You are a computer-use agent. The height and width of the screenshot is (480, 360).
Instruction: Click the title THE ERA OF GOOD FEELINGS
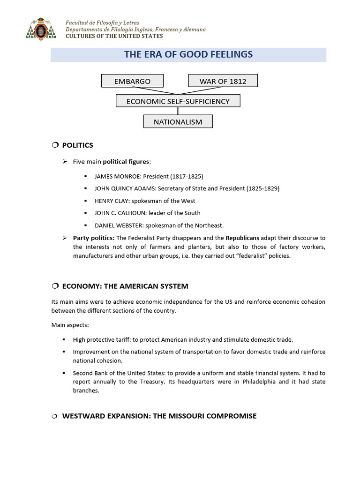188,54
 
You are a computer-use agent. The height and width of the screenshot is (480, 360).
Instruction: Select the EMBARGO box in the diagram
132,81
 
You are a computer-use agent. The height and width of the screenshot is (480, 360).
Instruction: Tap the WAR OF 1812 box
223,81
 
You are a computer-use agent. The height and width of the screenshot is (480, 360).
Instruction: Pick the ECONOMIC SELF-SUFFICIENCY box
178,101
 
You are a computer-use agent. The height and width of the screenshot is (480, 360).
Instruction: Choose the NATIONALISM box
178,122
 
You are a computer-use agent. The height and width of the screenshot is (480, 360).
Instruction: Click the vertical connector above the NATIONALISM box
178,111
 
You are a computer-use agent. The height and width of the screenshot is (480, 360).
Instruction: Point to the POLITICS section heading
77,145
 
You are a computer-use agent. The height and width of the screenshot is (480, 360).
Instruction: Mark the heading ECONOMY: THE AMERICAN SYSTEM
125,286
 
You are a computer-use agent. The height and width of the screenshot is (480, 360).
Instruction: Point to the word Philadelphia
257,382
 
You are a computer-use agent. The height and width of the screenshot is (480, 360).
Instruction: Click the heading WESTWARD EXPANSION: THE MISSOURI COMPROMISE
159,416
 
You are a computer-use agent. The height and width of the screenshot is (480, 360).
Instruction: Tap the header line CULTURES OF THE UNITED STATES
114,36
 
